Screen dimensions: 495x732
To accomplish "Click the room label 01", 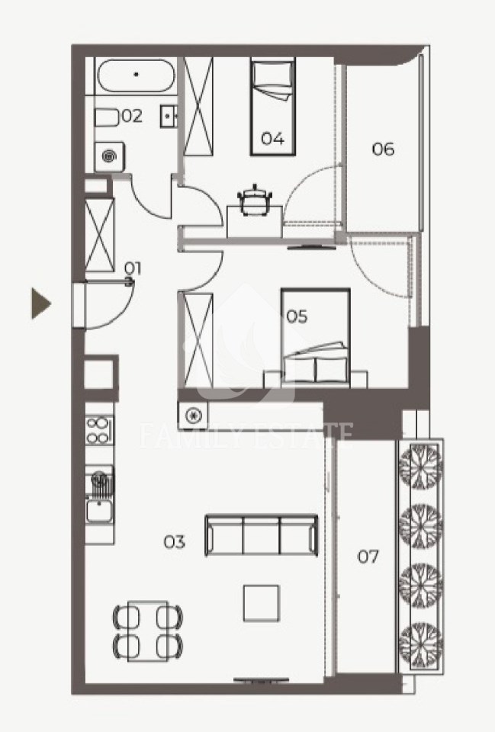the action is pyautogui.click(x=133, y=268).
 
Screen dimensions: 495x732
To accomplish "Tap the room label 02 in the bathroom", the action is pyautogui.click(x=132, y=116).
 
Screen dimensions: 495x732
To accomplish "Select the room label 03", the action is pyautogui.click(x=174, y=542).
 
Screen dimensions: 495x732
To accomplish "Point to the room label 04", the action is pyautogui.click(x=273, y=138).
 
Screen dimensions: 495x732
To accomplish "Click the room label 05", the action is pyautogui.click(x=297, y=316).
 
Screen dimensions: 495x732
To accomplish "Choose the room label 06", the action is pyautogui.click(x=383, y=149).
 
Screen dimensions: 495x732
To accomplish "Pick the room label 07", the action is pyautogui.click(x=368, y=557).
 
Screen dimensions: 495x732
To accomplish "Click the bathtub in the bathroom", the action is pyautogui.click(x=136, y=75).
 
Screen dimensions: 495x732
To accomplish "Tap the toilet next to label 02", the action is pyautogui.click(x=107, y=117).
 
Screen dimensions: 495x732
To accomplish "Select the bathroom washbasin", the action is pyautogui.click(x=168, y=116).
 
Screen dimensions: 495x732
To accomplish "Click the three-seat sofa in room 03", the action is pyautogui.click(x=262, y=535).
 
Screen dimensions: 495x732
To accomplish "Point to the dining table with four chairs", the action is pyautogui.click(x=147, y=631).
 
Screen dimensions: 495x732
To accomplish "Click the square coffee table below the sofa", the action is pyautogui.click(x=262, y=603).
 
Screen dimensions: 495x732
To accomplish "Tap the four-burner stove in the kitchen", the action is pyautogui.click(x=99, y=430).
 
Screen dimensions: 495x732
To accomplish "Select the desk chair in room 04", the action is pyautogui.click(x=255, y=200).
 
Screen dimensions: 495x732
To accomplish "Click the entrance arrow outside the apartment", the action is pyautogui.click(x=40, y=303).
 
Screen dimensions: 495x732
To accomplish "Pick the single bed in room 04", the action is pyautogui.click(x=273, y=107).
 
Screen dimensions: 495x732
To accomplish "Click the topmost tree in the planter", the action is pyautogui.click(x=421, y=465).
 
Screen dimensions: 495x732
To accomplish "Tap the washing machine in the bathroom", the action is pyautogui.click(x=110, y=157).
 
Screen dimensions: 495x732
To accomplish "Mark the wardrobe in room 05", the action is pyautogui.click(x=199, y=340).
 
